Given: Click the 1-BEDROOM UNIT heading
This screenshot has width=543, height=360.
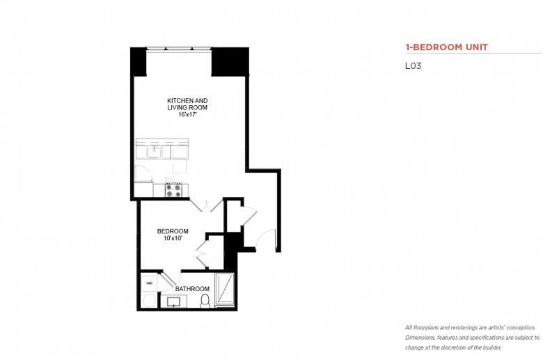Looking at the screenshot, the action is [446, 47].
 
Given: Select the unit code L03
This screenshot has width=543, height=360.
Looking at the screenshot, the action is [413, 66].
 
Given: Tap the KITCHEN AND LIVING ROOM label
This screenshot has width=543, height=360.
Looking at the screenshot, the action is [187, 104].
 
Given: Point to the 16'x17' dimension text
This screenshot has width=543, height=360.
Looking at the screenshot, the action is [187, 114].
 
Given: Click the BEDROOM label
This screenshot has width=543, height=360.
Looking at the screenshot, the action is [173, 231].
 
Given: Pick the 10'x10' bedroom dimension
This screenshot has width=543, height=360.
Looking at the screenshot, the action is [173, 238].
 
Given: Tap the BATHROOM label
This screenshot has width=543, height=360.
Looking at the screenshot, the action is [192, 288].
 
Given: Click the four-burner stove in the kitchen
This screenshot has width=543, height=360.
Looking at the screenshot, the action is [173, 190].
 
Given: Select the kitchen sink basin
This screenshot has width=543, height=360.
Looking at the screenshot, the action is [154, 152].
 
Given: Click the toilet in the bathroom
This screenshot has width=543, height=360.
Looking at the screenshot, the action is [205, 301].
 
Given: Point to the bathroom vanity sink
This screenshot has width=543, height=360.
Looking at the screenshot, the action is [173, 302].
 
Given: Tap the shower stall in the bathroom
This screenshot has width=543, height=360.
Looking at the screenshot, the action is [225, 289].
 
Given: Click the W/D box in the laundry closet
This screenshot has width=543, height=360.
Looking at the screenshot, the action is [149, 283].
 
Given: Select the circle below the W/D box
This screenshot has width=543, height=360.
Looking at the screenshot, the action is [149, 300].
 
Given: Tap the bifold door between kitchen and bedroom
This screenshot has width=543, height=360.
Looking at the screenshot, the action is [206, 206].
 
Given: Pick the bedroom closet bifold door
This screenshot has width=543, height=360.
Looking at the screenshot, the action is [202, 254].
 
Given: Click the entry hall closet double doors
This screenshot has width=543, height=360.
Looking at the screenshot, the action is [249, 217].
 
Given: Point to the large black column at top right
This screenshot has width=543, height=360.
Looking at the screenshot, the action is [230, 62].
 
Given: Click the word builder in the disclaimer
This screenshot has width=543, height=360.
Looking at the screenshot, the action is [492, 347].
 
